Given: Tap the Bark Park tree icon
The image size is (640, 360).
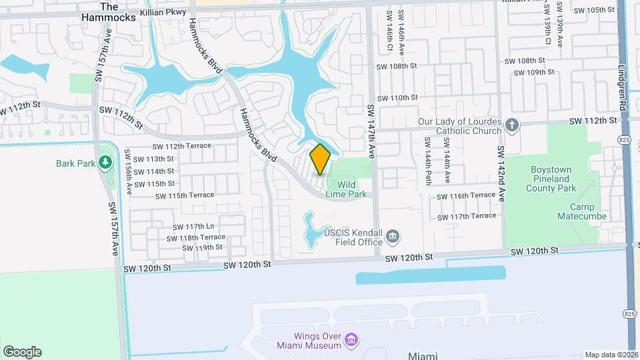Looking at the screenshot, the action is click(x=104, y=163).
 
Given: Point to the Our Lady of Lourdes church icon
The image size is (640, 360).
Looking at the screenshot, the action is click(x=511, y=126).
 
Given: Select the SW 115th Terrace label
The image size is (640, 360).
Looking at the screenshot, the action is click(x=185, y=196).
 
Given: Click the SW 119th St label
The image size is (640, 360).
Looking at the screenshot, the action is click(x=203, y=247).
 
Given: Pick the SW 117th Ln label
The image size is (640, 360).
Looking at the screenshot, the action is click(x=193, y=227).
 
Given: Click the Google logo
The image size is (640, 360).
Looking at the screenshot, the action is click(x=22, y=352).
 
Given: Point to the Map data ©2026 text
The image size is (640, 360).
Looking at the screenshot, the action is click(x=611, y=355).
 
